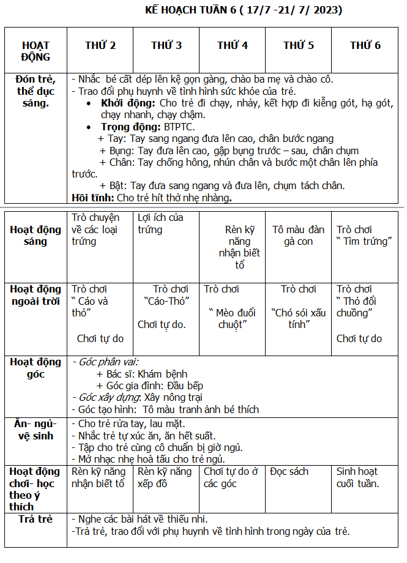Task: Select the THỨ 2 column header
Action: click(100, 45)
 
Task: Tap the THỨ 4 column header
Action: click(233, 45)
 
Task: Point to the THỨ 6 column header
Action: click(365, 45)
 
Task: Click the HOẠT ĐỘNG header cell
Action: click(35, 51)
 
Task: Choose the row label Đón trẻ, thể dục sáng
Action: click(36, 91)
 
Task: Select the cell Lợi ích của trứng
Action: click(160, 223)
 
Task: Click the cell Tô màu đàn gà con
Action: click(299, 236)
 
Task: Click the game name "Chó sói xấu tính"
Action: click(299, 318)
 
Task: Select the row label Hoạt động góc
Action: click(35, 367)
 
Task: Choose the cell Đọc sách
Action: click(289, 472)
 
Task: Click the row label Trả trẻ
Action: click(36, 519)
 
